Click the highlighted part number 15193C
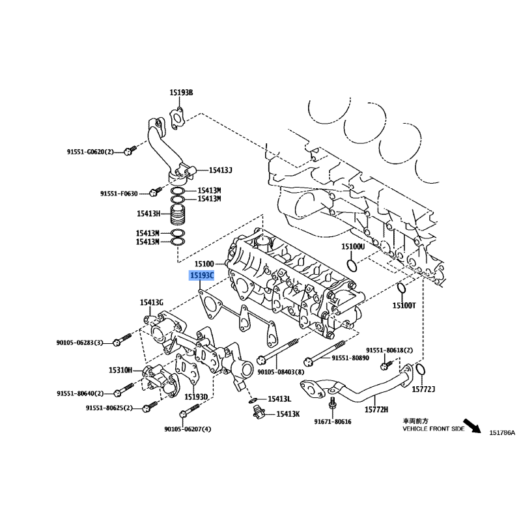point(202,275)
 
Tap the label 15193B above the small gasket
point(181,92)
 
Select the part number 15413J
point(220,170)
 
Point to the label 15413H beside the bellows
point(148,214)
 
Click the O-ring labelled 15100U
point(352,266)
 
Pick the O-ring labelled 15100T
point(401,288)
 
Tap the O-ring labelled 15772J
point(420,369)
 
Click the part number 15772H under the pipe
point(376,410)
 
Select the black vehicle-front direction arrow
point(472,426)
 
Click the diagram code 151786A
point(501,432)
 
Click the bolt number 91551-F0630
point(119,193)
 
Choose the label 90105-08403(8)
point(281,373)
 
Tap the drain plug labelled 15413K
point(257,412)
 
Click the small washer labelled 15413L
point(253,400)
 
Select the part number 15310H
point(120,370)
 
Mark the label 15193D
point(196,397)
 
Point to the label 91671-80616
point(333,421)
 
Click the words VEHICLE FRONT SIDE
point(434,429)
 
